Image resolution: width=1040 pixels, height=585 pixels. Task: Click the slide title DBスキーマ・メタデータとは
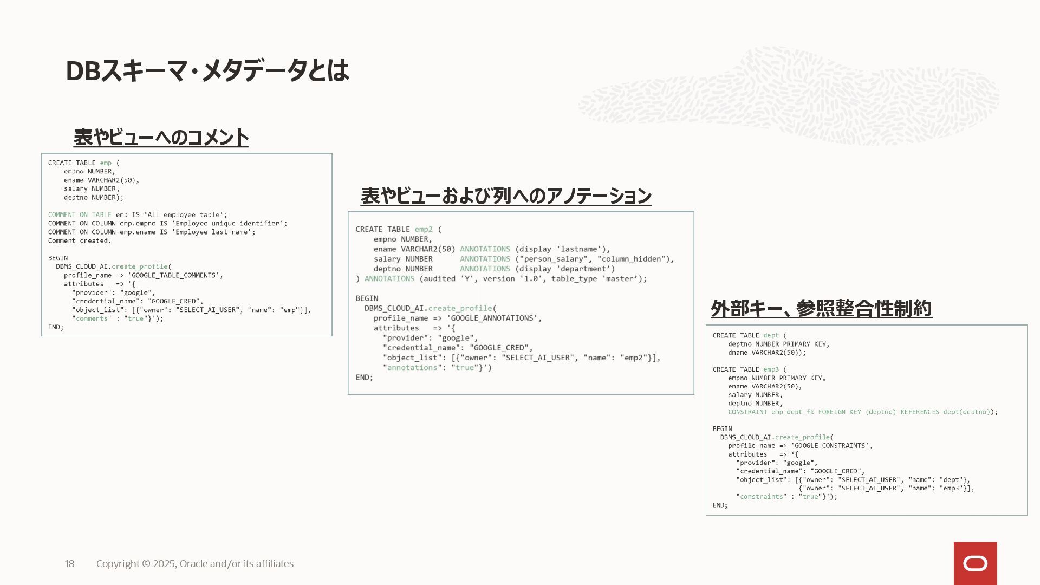coord(207,70)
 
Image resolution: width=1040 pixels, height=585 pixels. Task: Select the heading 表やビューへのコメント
coord(161,138)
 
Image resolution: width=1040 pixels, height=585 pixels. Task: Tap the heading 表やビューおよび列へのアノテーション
coord(506,196)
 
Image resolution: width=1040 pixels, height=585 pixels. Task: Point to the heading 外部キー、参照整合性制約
coord(821,309)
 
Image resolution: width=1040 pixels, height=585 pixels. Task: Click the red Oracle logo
coord(975,563)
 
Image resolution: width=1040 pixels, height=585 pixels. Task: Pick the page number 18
coord(69,564)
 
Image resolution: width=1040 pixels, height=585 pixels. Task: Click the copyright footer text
coord(195,564)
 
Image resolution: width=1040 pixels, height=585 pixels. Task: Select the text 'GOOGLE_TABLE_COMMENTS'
coord(175,275)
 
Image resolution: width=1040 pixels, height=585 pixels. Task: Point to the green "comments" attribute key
coord(92,318)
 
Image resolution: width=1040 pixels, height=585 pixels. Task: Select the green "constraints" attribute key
coord(761,497)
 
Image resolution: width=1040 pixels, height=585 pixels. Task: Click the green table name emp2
coord(424,230)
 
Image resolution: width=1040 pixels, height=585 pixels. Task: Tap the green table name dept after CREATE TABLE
coord(771,336)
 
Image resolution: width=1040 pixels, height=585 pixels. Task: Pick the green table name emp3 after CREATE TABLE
coord(771,369)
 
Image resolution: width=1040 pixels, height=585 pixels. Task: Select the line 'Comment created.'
coord(79,241)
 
